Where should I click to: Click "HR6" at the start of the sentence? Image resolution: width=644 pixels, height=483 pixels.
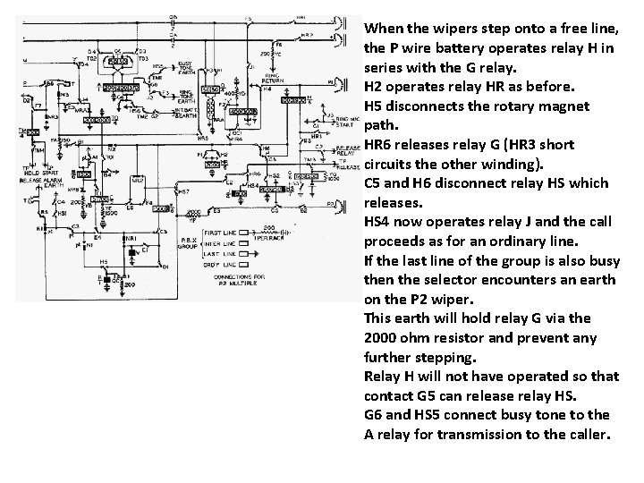tap(379, 145)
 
